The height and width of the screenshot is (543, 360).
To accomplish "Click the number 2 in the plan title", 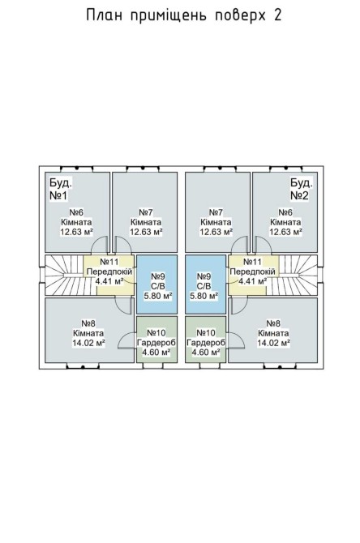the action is click(x=277, y=15).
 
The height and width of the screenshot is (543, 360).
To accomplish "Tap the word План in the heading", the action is click(x=104, y=15).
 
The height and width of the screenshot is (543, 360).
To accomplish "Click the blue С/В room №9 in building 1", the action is click(x=157, y=284).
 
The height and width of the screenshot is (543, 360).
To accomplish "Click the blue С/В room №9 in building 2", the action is click(x=205, y=284).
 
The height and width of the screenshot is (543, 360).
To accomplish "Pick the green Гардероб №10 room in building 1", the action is click(x=157, y=340).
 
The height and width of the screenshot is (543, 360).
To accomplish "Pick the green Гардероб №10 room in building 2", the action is click(x=205, y=340).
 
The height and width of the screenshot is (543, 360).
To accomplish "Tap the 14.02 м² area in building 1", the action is click(x=88, y=343).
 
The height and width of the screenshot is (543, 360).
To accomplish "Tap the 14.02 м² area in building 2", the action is click(x=273, y=343).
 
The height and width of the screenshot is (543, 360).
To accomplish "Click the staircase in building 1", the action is click(x=64, y=276).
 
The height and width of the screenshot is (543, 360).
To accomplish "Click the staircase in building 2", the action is click(x=298, y=276).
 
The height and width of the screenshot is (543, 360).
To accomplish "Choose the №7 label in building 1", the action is click(x=146, y=212).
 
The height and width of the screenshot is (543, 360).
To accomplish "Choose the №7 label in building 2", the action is click(x=216, y=212).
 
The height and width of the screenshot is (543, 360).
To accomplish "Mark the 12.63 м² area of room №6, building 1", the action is click(x=76, y=232).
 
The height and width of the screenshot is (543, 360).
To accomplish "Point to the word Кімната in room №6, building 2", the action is click(x=285, y=222).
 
